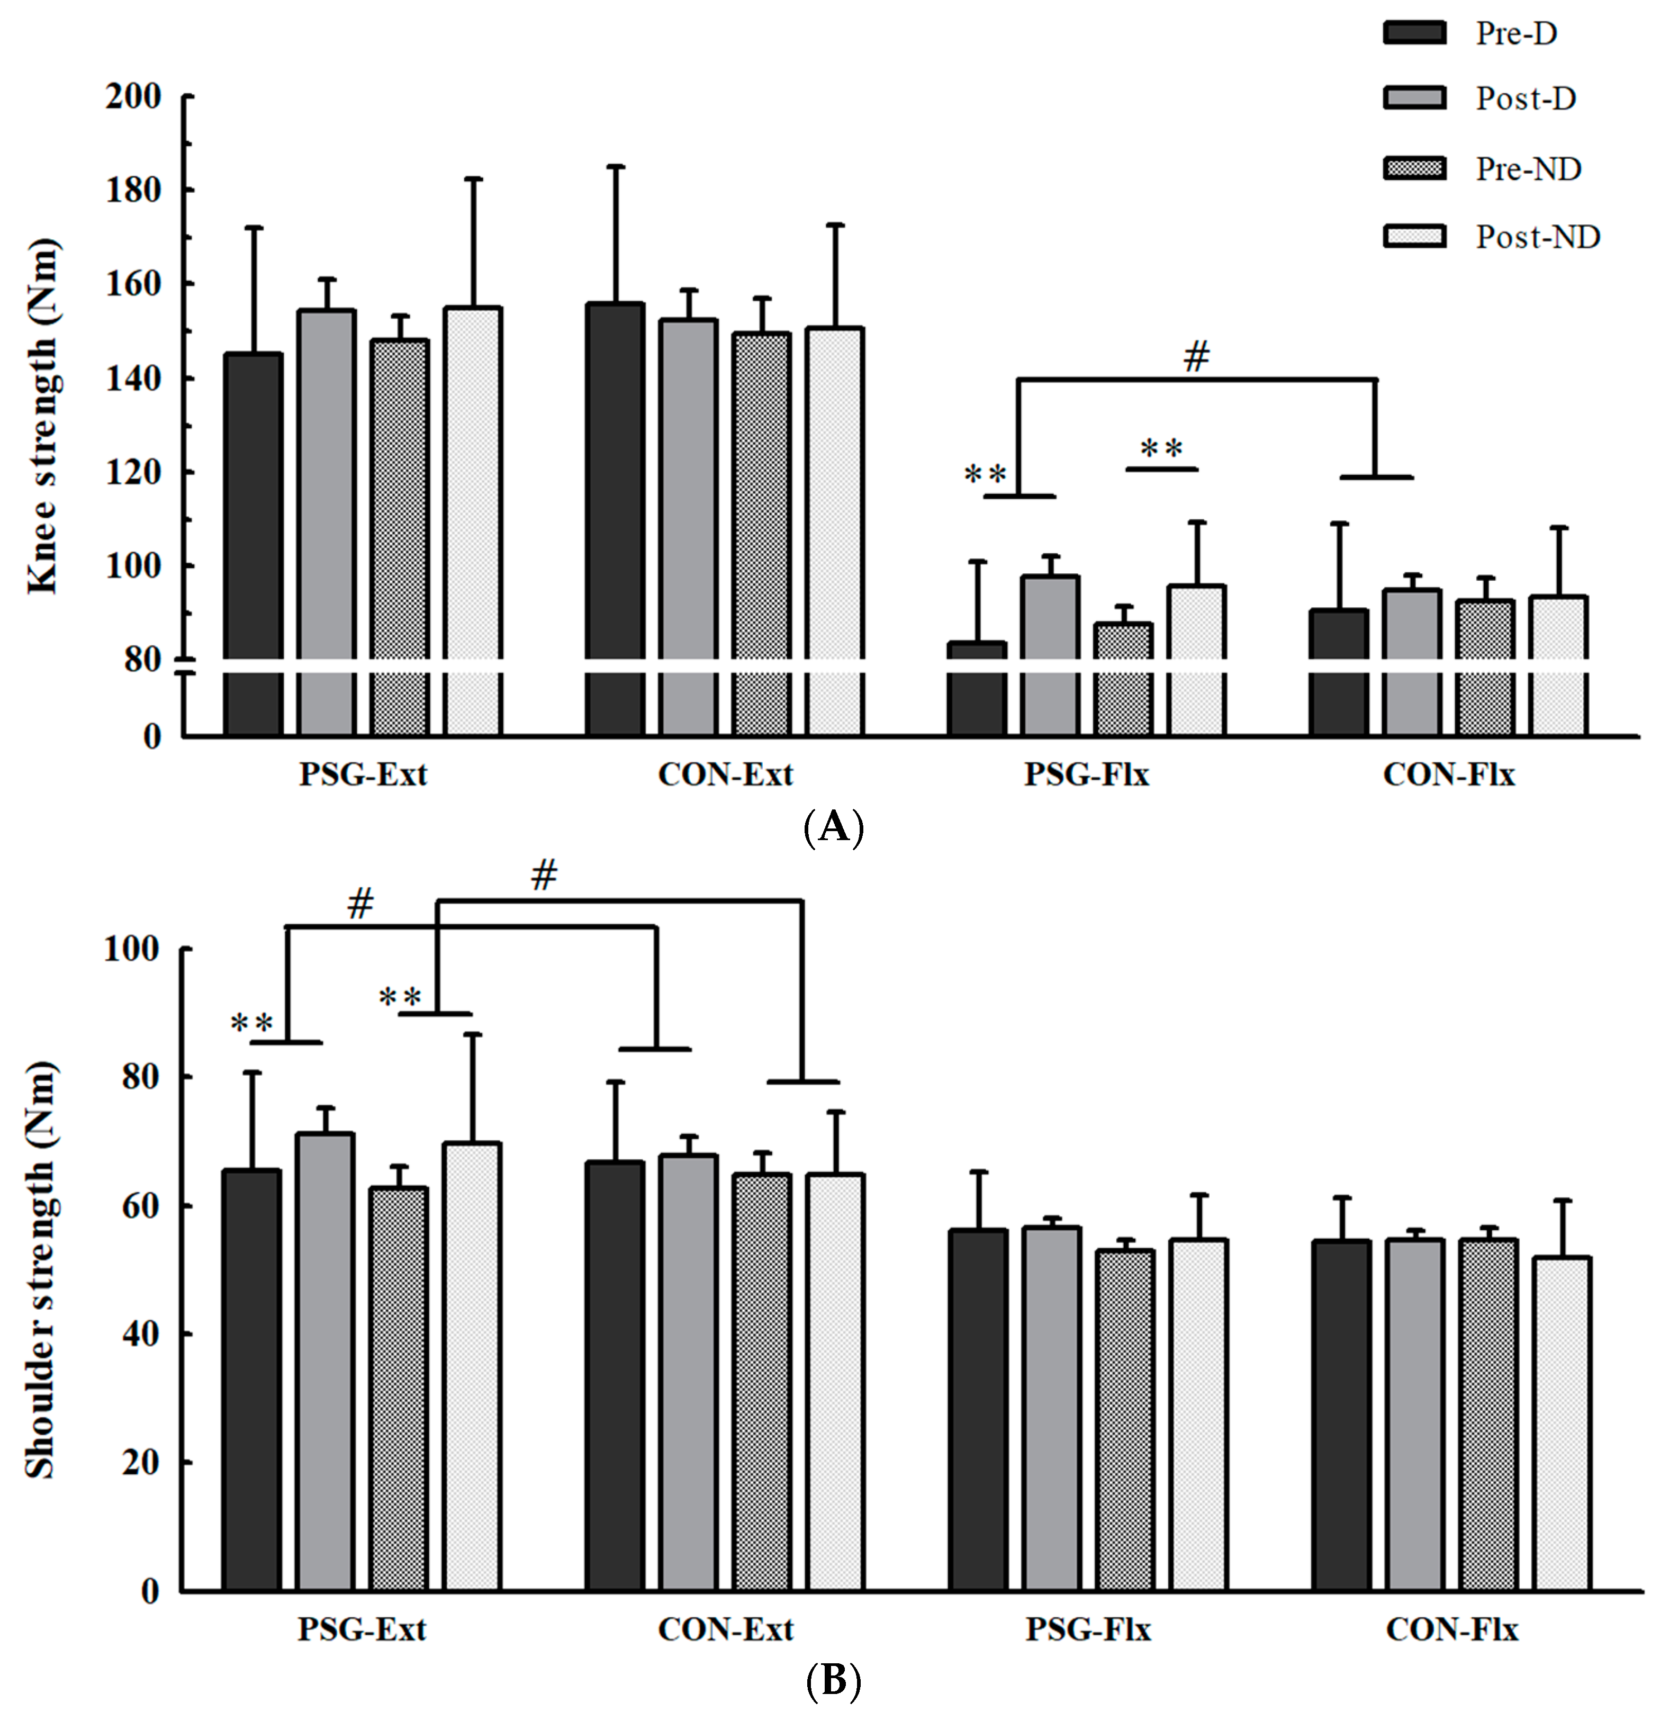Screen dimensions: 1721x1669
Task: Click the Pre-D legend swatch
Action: tap(1414, 33)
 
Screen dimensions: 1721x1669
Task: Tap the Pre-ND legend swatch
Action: tap(1414, 168)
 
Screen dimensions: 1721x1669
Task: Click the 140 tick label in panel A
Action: tap(133, 379)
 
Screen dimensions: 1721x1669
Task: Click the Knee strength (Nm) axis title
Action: tap(42, 417)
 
